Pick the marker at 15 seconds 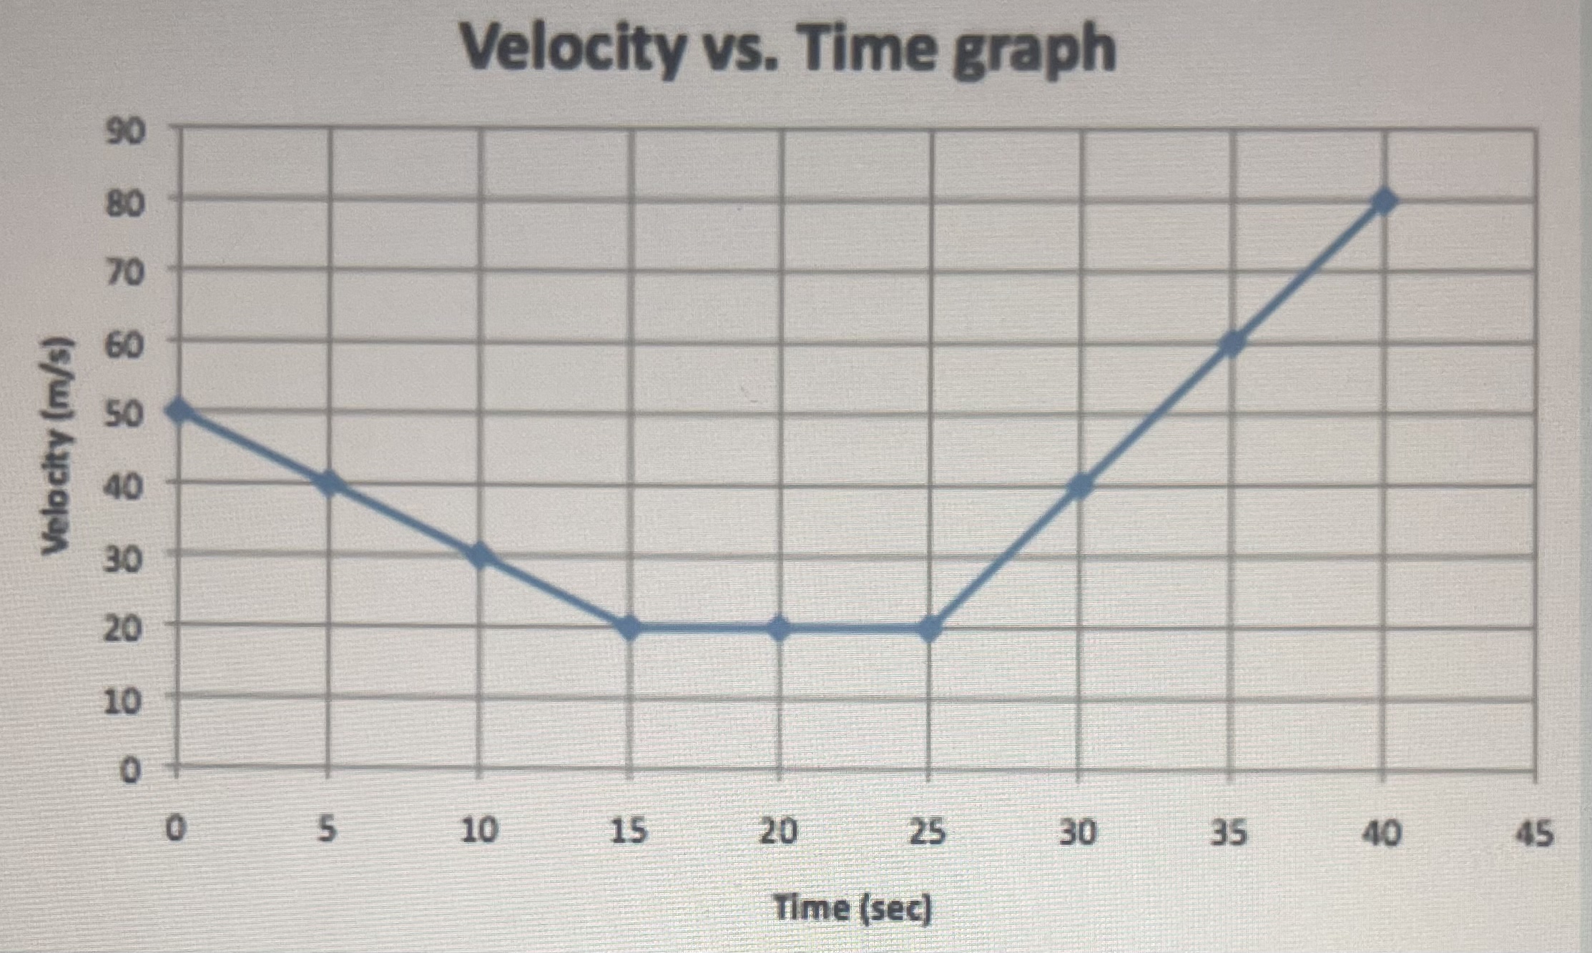(x=629, y=628)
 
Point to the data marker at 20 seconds (x=780, y=628)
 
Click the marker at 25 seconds (x=929, y=628)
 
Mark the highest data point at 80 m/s (x=1384, y=201)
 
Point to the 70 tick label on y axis (x=124, y=273)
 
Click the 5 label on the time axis (x=327, y=831)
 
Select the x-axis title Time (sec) (x=853, y=909)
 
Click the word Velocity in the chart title (x=571, y=49)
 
